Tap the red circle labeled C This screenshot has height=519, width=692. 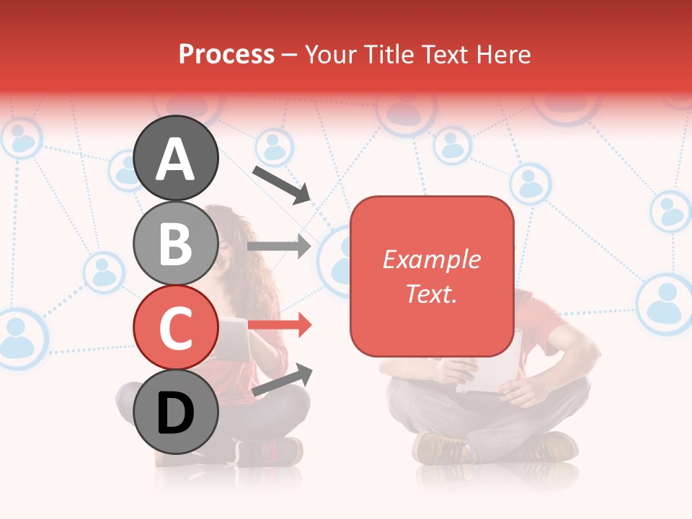tap(176, 328)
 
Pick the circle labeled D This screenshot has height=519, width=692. tap(176, 413)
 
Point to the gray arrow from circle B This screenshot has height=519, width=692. tap(279, 247)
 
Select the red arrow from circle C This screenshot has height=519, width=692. tap(280, 326)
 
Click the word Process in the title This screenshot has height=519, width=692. tap(226, 54)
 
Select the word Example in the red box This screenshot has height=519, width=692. tap(431, 259)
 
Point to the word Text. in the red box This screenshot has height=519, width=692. tap(431, 293)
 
